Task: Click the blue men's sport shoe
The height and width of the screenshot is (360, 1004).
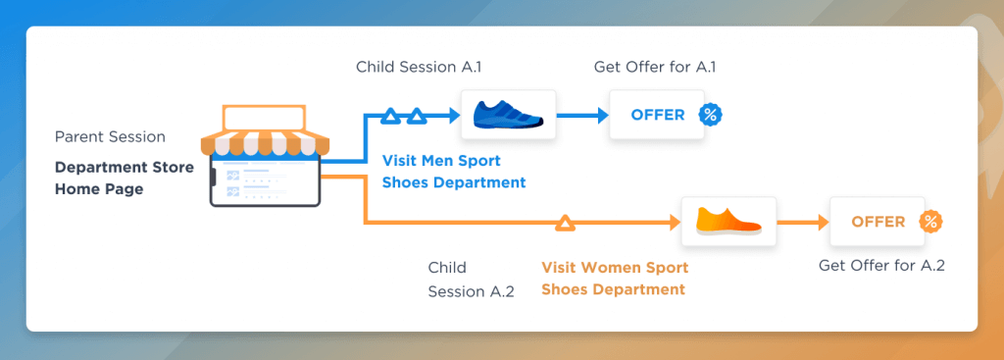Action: point(508,114)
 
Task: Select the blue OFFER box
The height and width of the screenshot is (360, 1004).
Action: point(657,116)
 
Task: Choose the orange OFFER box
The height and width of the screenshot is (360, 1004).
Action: point(878,222)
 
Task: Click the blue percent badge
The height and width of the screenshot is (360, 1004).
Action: point(710,116)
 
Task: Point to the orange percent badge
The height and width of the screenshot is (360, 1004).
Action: point(931,222)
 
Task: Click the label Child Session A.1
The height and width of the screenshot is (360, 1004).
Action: point(419,67)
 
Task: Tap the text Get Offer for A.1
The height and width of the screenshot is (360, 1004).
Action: point(654,67)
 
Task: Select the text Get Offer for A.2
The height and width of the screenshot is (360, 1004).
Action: point(881,265)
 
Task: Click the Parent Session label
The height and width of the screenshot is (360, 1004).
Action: point(110,137)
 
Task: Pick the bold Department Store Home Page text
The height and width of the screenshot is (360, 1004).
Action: point(125,179)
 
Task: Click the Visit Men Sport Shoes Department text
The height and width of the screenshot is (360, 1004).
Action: point(454,171)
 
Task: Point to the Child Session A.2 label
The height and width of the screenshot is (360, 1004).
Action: point(472,279)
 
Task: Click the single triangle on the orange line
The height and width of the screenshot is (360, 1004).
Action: point(566,223)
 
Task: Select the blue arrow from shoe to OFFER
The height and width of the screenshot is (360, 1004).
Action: point(582,116)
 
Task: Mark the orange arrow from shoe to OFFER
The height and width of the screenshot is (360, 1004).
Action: point(803,223)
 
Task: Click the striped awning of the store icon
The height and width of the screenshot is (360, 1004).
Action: point(265,144)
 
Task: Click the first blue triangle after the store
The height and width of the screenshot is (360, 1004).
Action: point(390,116)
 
